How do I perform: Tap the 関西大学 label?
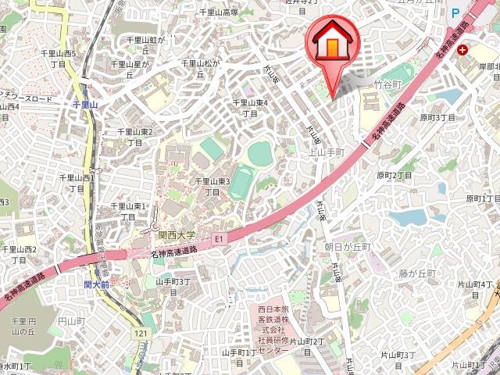pyautogui.click(x=176, y=233)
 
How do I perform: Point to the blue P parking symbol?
pyautogui.click(x=455, y=12)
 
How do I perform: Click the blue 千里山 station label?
pyautogui.click(x=84, y=103)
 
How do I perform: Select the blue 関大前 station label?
pyautogui.click(x=98, y=286)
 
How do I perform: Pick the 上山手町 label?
pyautogui.click(x=327, y=152)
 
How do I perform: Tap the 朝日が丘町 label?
pyautogui.click(x=348, y=246)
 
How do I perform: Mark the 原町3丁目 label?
pyautogui.click(x=437, y=117)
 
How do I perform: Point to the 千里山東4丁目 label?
pyautogui.click(x=250, y=108)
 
